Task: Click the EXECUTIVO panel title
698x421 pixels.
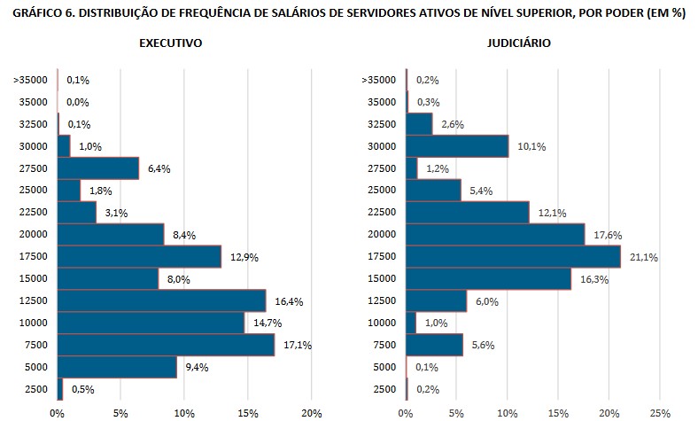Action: tap(171, 43)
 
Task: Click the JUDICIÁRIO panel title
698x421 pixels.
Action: tap(519, 43)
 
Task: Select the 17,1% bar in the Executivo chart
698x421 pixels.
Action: tap(166, 345)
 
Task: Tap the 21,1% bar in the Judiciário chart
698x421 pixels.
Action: tap(513, 256)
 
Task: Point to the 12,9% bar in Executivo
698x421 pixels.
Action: tap(139, 256)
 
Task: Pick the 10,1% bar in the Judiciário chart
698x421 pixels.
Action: tap(457, 145)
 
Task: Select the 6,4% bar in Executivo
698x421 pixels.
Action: tap(98, 168)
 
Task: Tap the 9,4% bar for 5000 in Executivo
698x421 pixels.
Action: tap(117, 367)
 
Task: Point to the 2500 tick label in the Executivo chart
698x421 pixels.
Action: tap(35, 389)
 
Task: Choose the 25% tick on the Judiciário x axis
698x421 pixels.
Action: tap(660, 412)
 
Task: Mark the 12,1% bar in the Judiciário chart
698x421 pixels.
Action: tap(467, 212)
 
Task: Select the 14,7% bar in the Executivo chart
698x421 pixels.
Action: tap(151, 323)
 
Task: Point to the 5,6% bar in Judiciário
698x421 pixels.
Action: tap(434, 345)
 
